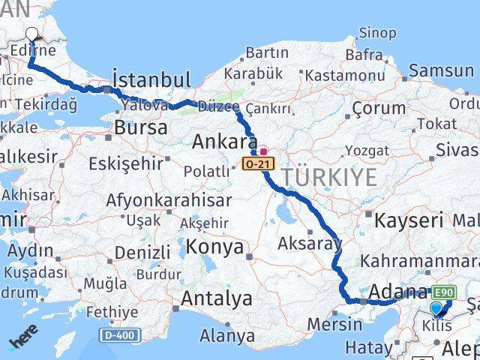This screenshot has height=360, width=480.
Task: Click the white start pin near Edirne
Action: point(32,34)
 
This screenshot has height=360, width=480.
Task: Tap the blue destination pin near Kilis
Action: point(437,307)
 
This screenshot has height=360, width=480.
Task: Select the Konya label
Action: point(215,247)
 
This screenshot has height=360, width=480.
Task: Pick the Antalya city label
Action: point(217,298)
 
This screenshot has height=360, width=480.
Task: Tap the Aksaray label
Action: point(309,243)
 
